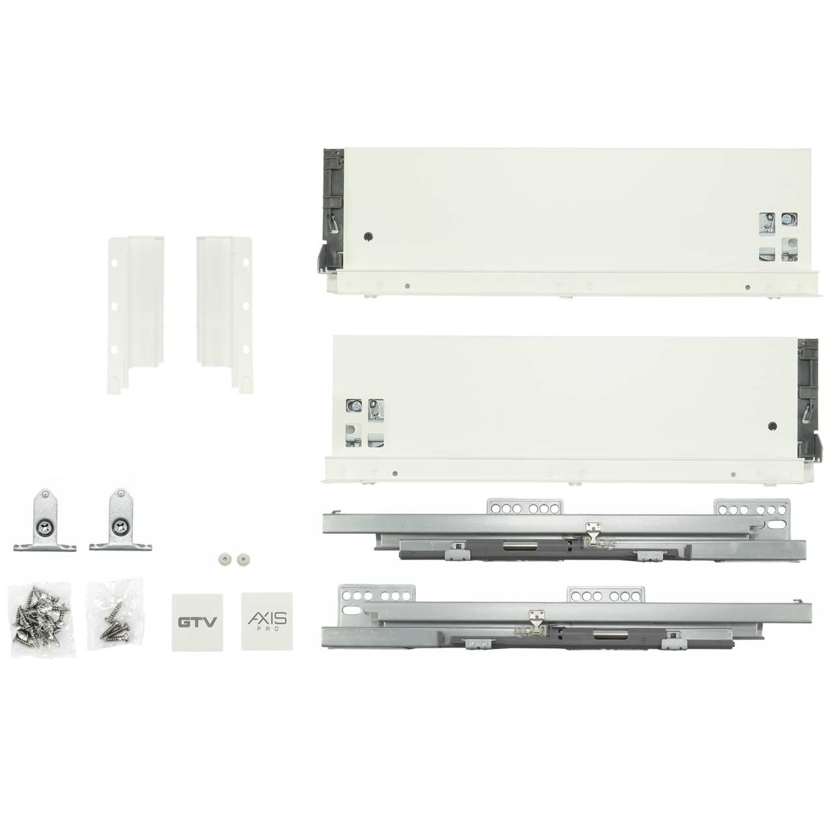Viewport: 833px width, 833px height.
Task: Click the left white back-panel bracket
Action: tap(135, 314)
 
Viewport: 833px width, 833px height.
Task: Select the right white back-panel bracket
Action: tap(223, 314)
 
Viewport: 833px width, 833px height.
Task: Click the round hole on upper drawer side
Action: tap(368, 236)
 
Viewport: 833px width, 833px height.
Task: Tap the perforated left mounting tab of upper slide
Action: tap(526, 507)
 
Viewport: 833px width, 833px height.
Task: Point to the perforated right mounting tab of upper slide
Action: tap(752, 508)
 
